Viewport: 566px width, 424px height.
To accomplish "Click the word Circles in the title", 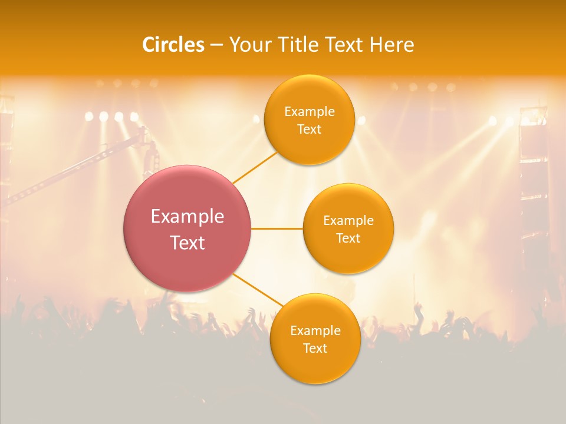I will (x=173, y=45).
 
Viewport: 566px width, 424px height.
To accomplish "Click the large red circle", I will (x=187, y=194).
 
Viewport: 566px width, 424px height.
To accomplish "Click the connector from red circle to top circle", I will (x=255, y=167).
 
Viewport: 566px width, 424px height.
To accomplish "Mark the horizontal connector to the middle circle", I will (x=277, y=228).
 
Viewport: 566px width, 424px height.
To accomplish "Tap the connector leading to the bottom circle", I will (x=258, y=291).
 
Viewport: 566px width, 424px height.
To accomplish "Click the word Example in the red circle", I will (x=187, y=217).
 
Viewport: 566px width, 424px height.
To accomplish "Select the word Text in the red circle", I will (x=187, y=243).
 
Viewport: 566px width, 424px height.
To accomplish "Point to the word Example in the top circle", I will (x=309, y=112).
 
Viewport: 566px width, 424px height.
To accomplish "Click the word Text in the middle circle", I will (x=348, y=238).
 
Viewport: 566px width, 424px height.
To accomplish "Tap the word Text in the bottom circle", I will (x=315, y=349).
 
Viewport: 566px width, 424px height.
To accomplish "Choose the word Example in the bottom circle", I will (x=315, y=331).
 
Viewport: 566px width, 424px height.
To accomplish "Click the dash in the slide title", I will (x=216, y=45).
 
